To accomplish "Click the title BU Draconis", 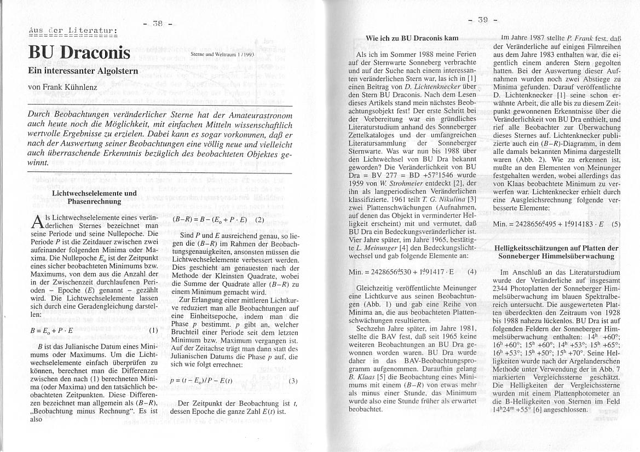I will [79, 54].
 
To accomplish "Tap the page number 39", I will [482, 20].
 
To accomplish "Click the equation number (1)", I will [153, 330].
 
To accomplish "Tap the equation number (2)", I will [260, 220].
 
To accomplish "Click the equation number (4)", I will [472, 271].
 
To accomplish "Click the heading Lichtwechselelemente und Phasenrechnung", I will [94, 197].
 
